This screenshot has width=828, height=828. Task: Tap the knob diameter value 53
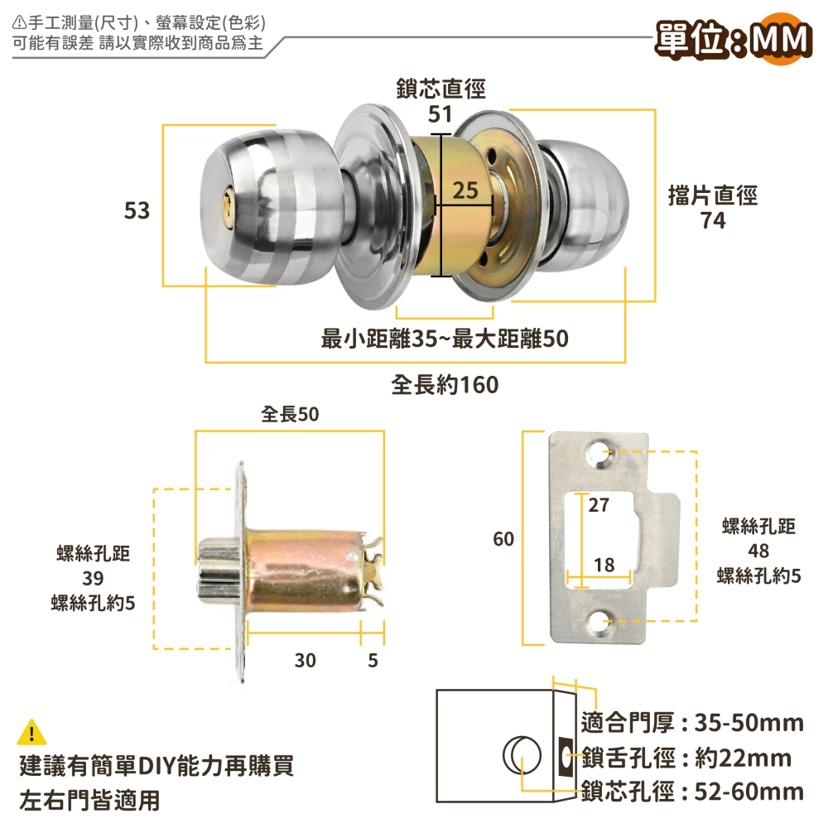click(x=137, y=211)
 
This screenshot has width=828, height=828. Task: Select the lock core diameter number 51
click(x=440, y=114)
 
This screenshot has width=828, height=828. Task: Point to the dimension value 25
click(x=466, y=191)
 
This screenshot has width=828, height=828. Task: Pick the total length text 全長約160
click(x=445, y=385)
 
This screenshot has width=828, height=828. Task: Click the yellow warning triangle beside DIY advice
click(x=31, y=733)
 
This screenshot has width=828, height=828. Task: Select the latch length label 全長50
click(x=290, y=414)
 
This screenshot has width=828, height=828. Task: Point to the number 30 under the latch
click(x=305, y=660)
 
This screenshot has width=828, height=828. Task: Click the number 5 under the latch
click(x=373, y=660)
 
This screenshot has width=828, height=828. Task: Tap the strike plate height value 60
click(x=503, y=539)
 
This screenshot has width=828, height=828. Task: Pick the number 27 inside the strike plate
click(x=599, y=504)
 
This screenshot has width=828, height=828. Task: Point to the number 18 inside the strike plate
click(x=604, y=565)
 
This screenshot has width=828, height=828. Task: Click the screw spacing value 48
click(x=758, y=551)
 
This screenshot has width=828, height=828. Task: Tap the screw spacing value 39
click(x=93, y=578)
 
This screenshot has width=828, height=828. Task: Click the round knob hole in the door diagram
click(x=519, y=755)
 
